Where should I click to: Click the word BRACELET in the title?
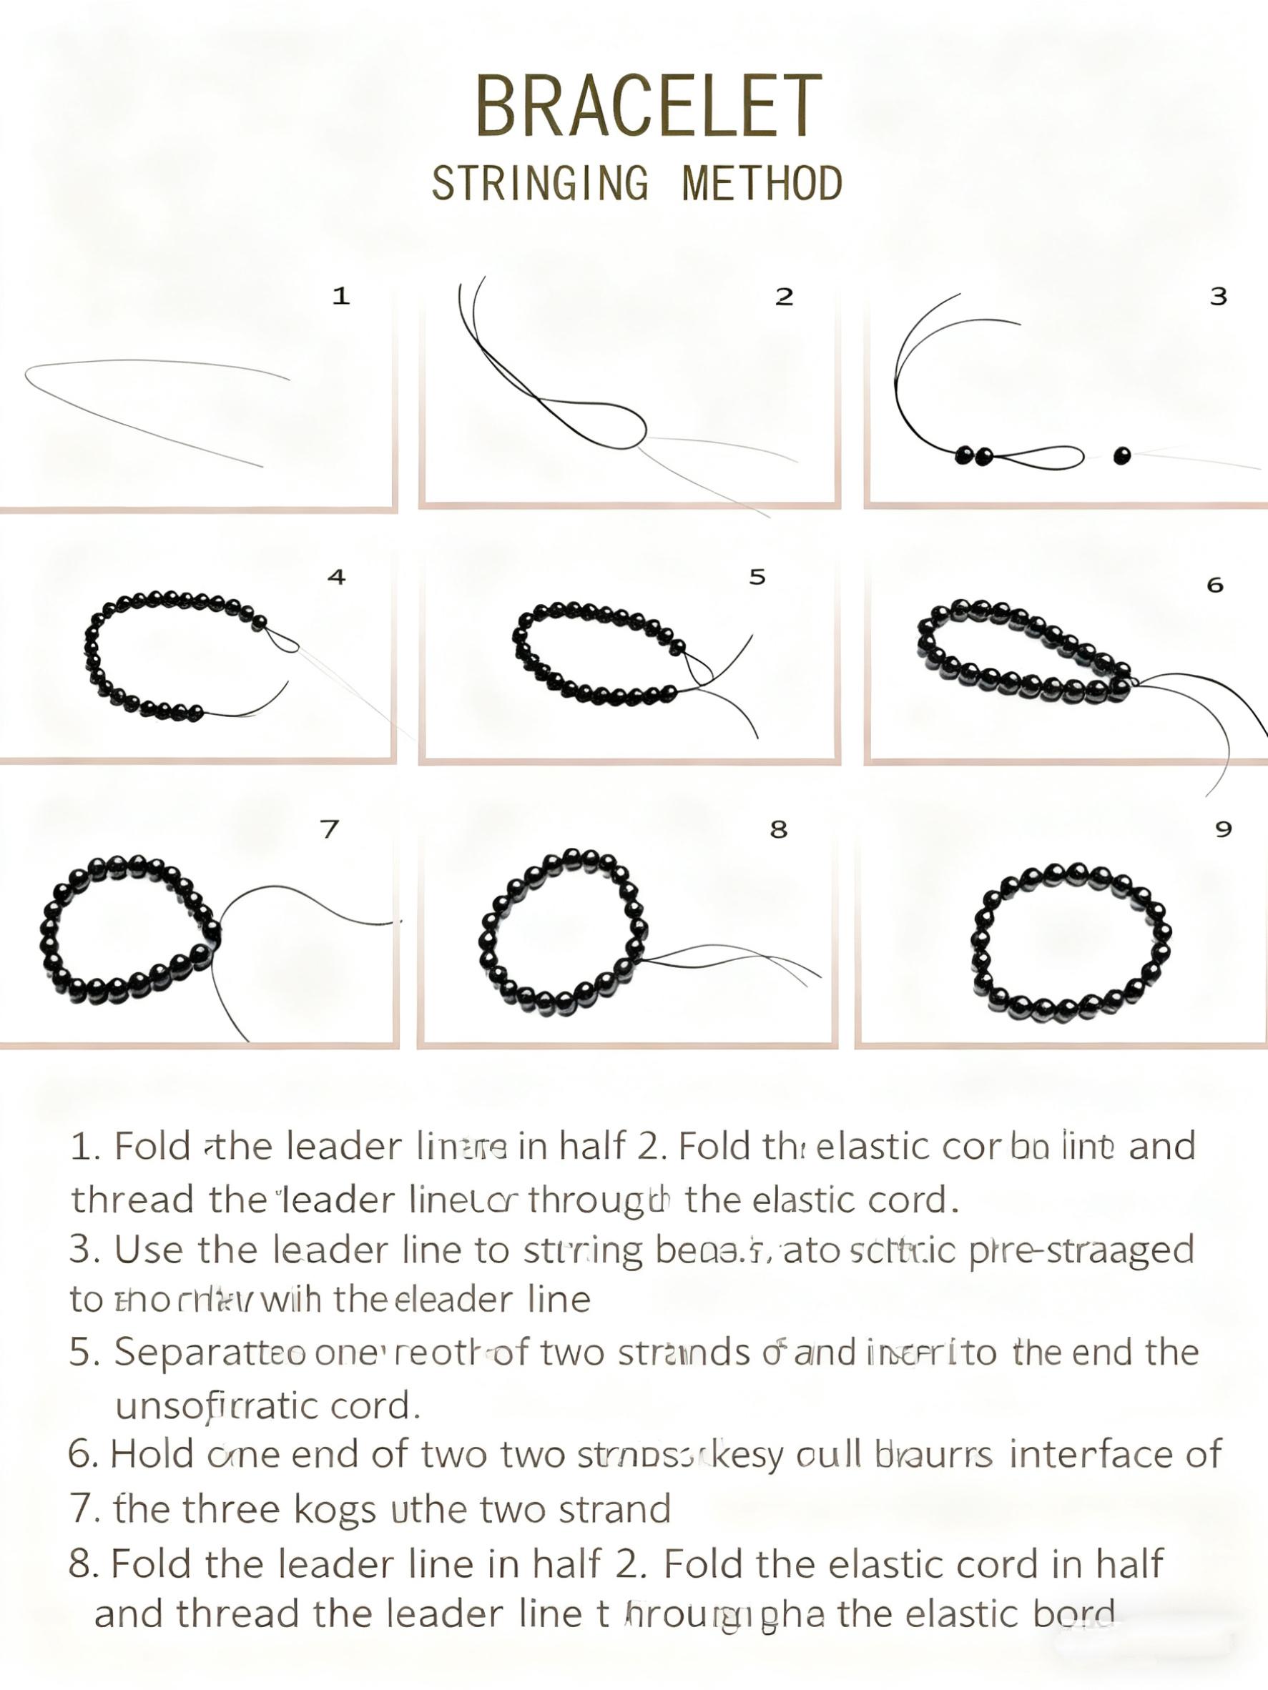coord(648,107)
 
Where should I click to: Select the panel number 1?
coord(341,296)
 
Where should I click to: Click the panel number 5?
coord(757,577)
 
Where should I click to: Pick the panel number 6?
coord(1214,585)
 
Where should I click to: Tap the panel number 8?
coord(778,829)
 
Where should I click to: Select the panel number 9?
coord(1223,829)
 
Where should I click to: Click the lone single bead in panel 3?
coord(1121,456)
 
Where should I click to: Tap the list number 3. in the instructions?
coord(85,1250)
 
